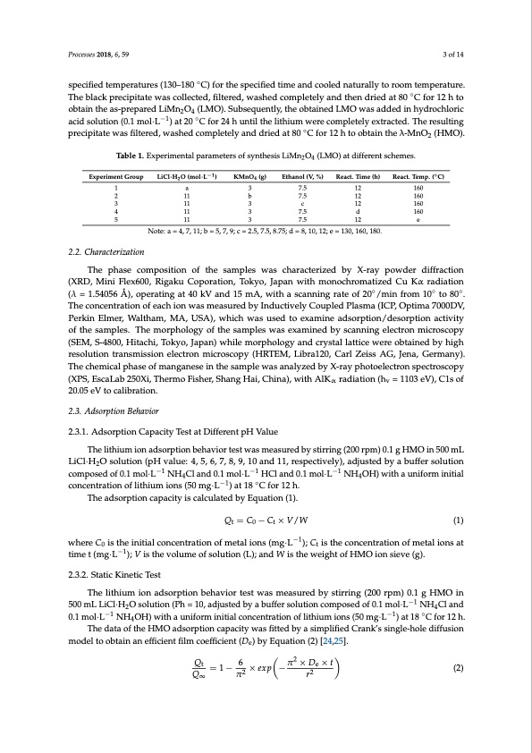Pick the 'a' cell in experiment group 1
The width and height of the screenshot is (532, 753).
tap(186, 189)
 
